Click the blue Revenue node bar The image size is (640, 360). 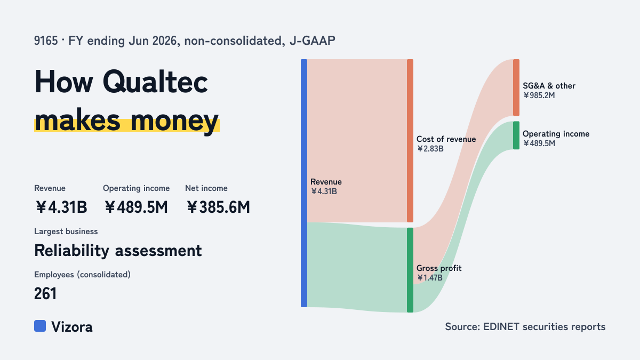click(x=304, y=183)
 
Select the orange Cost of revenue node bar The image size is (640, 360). click(x=410, y=141)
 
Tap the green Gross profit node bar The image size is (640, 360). click(x=410, y=270)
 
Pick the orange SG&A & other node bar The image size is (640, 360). click(x=516, y=87)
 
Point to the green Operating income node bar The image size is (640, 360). click(x=516, y=135)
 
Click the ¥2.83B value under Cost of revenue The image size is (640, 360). click(x=430, y=149)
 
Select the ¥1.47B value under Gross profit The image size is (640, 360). click(x=429, y=278)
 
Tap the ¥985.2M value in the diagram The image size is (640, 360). click(x=539, y=95)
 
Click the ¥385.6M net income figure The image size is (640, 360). click(x=218, y=207)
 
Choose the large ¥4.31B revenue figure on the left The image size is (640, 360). click(x=61, y=207)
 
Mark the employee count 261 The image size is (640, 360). click(x=45, y=294)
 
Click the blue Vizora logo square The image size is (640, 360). click(x=40, y=326)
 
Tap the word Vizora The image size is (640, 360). click(x=71, y=327)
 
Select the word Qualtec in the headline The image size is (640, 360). click(x=155, y=82)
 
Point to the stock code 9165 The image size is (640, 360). click(x=46, y=41)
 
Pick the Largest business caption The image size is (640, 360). click(x=66, y=231)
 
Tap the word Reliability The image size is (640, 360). click(x=71, y=251)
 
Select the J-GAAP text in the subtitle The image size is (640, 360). click(x=313, y=41)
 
